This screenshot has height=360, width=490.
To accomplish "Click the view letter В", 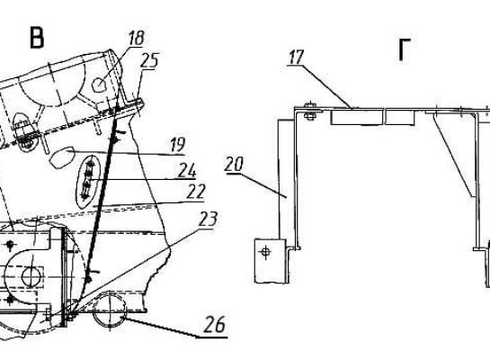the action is pos(37,38).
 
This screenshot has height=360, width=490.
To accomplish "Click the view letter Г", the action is pos(404,49).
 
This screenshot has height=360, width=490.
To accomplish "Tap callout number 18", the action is pos(137,38).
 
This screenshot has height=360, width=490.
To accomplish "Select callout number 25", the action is pos(149,60).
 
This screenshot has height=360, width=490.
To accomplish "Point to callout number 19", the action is pos(178,145).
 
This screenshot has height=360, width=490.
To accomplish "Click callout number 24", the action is pos(187,171).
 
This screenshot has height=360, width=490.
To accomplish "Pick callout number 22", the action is pos(196,192).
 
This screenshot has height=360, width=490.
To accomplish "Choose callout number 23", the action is pos(208,219).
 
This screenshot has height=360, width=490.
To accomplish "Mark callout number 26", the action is pos(215,324).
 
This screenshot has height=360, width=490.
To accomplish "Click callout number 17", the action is pos(295,58).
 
